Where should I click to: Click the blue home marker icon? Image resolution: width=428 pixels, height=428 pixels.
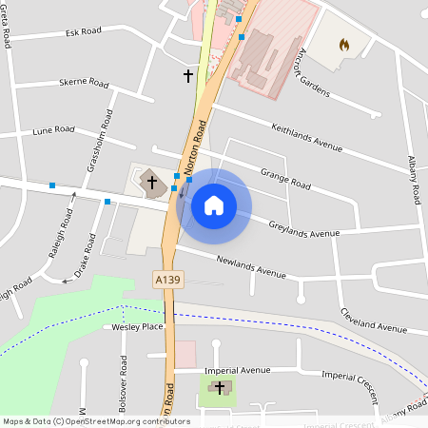pyautogui.click(x=214, y=204)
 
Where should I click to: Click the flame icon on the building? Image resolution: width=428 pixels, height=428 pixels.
pyautogui.click(x=343, y=45)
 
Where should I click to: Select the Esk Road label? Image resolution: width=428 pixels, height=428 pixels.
pyautogui.click(x=84, y=31)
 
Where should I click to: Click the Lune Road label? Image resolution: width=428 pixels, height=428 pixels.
pyautogui.click(x=53, y=129)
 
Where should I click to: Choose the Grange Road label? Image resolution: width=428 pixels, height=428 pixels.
pyautogui.click(x=285, y=178)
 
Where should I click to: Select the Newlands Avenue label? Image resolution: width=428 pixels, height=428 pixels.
pyautogui.click(x=251, y=265)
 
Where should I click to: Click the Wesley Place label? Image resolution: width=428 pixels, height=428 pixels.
pyautogui.click(x=138, y=326)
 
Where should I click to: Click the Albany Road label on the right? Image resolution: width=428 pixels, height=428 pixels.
pyautogui.click(x=414, y=180)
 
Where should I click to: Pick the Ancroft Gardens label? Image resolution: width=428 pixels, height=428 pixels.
pyautogui.click(x=314, y=72)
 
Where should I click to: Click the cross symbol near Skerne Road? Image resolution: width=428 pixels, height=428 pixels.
pyautogui.click(x=188, y=74)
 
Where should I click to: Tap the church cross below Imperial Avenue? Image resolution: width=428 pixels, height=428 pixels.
pyautogui.click(x=221, y=387)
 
